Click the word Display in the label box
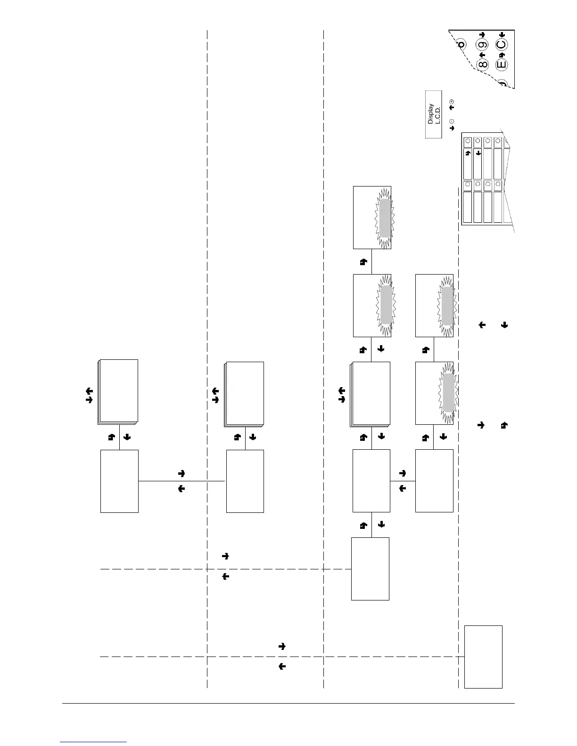click(430, 114)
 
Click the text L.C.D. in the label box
click(437, 114)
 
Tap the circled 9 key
click(482, 46)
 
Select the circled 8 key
click(482, 65)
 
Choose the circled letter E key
click(501, 65)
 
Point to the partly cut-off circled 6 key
click(461, 45)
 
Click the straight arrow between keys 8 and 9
click(482, 55)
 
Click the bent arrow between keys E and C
click(502, 55)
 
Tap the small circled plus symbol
click(452, 102)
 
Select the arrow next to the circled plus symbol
click(452, 108)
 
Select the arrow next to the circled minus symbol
click(452, 128)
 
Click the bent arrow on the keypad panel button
click(468, 153)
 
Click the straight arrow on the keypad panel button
click(478, 153)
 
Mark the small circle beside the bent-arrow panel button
click(468, 141)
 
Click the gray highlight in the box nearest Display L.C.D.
click(385, 218)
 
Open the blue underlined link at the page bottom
click(94, 742)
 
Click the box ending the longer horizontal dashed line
click(483, 657)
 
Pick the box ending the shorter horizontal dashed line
click(370, 569)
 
